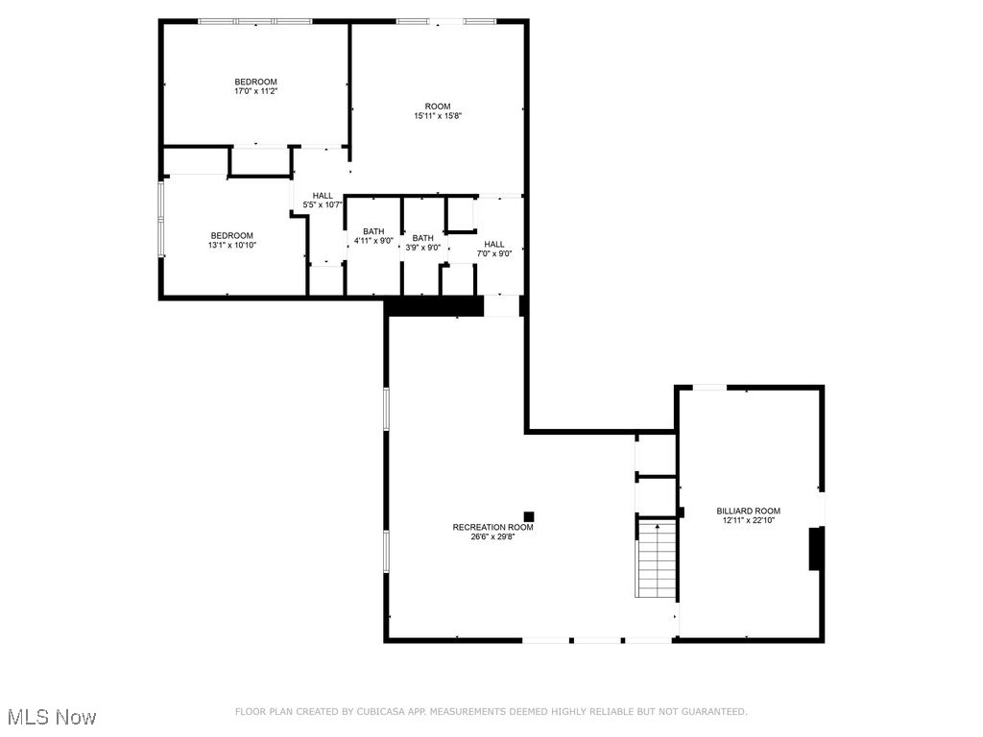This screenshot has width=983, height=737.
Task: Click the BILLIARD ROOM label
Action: click(748, 511)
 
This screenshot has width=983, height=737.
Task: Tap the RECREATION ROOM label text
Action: click(493, 527)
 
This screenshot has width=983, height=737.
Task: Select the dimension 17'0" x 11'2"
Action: click(256, 91)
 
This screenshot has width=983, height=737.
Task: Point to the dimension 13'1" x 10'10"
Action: click(232, 245)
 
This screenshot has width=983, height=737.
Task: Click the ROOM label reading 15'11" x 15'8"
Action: click(438, 106)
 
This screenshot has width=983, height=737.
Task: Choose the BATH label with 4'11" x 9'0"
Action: click(373, 231)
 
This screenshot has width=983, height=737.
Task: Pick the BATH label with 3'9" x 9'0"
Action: click(422, 238)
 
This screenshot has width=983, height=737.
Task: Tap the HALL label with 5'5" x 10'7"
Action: click(323, 196)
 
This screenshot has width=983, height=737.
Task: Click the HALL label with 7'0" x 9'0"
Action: click(494, 244)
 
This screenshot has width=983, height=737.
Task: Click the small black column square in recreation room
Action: click(529, 516)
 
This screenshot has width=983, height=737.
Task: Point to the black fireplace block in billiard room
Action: click(815, 548)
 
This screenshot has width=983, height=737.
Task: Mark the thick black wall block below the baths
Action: click(434, 306)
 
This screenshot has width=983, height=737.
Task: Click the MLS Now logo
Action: click(52, 717)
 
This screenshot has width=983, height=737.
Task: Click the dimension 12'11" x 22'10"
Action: click(748, 520)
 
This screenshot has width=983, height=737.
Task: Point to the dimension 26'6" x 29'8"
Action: click(493, 536)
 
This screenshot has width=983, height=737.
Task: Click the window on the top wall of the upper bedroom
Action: click(254, 21)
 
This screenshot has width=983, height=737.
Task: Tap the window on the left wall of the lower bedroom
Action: click(161, 220)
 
